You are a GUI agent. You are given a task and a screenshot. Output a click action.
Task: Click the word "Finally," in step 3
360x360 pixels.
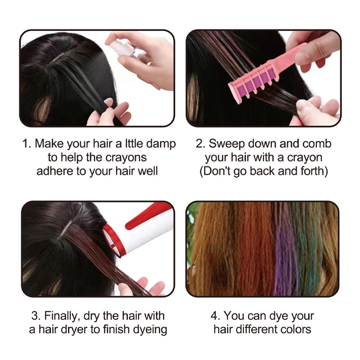63,316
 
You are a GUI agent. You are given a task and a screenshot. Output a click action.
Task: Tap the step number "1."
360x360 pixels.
27,144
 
